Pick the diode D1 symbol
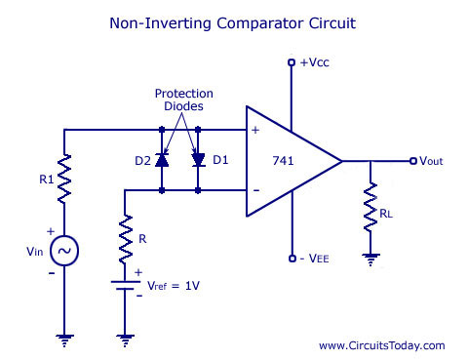coord(198,159)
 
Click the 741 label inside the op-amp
coord(284,159)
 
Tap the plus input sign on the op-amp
coord(255,130)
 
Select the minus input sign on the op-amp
coord(255,188)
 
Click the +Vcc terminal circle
coord(291,63)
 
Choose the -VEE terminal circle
coord(291,259)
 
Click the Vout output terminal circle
coord(412,160)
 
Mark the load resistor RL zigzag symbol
coord(370,207)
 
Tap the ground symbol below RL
coord(370,258)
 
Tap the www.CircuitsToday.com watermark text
coord(381,345)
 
